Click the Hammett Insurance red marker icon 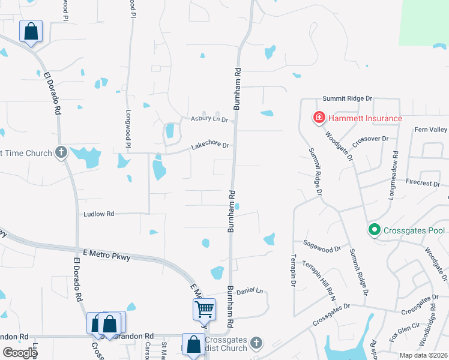pyautogui.click(x=319, y=118)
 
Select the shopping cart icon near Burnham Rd pyautogui.click(x=204, y=310)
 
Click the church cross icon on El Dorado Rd pyautogui.click(x=61, y=152)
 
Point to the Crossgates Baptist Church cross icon pyautogui.click(x=256, y=343)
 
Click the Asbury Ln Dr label pyautogui.click(x=209, y=119)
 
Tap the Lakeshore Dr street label pyautogui.click(x=210, y=146)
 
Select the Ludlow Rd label pyautogui.click(x=99, y=214)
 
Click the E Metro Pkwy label pyautogui.click(x=108, y=255)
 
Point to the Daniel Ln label pyautogui.click(x=250, y=290)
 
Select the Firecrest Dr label pyautogui.click(x=423, y=182)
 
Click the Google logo pyautogui.click(x=20, y=353)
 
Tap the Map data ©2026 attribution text pyautogui.click(x=424, y=355)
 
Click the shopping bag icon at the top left pyautogui.click(x=31, y=31)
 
